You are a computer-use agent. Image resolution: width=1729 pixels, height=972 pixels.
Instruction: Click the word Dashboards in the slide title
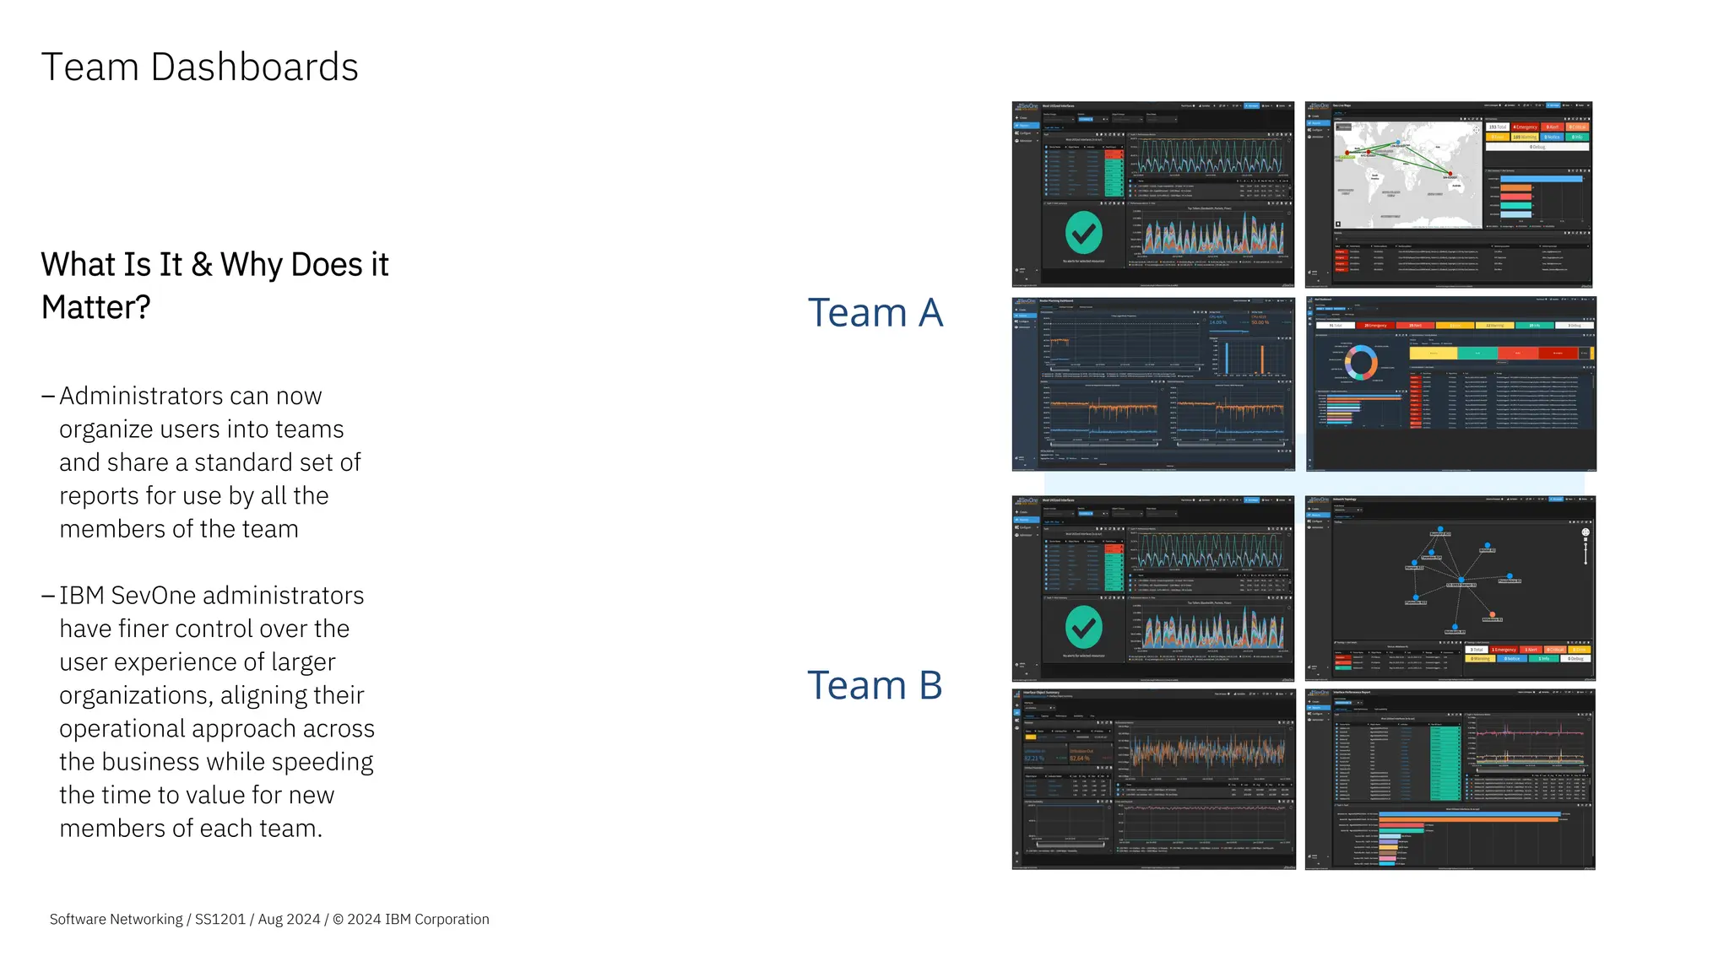pyautogui.click(x=254, y=67)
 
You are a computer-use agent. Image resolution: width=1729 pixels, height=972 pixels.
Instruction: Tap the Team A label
pyautogui.click(x=875, y=313)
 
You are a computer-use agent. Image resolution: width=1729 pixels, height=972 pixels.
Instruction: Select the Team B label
pyautogui.click(x=875, y=685)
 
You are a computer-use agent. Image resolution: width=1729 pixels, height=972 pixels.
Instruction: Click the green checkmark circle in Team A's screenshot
pyautogui.click(x=1084, y=232)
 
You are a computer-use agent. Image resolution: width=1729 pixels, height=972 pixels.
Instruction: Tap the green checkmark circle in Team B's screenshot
pyautogui.click(x=1084, y=627)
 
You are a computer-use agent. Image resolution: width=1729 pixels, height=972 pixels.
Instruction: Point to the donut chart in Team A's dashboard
pyautogui.click(x=1361, y=363)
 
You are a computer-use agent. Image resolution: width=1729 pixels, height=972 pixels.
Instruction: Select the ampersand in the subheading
pyautogui.click(x=202, y=265)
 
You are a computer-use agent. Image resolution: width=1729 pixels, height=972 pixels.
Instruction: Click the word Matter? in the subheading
pyautogui.click(x=95, y=308)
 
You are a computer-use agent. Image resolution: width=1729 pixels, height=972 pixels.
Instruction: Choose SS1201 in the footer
pyautogui.click(x=220, y=920)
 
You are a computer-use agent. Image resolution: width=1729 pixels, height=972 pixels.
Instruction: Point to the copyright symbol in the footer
pyautogui.click(x=338, y=920)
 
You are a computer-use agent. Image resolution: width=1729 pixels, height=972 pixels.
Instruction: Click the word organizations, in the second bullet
pyautogui.click(x=136, y=696)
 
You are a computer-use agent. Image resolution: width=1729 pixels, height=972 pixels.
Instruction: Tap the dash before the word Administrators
pyautogui.click(x=48, y=397)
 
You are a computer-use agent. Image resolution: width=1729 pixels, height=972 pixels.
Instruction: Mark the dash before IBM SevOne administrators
pyautogui.click(x=48, y=596)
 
